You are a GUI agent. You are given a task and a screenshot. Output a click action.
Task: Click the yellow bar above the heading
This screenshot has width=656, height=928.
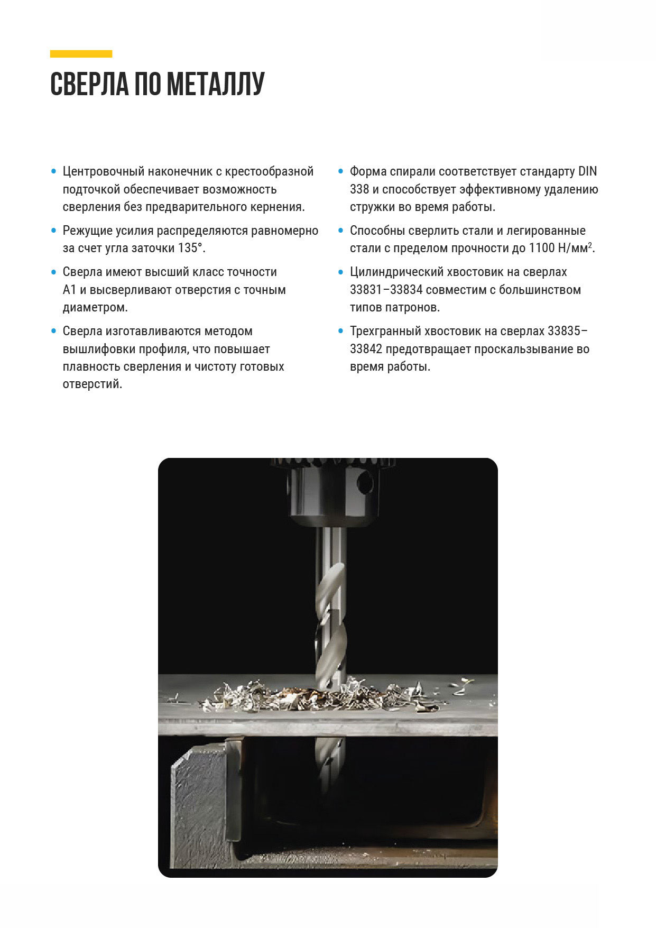[x=81, y=53]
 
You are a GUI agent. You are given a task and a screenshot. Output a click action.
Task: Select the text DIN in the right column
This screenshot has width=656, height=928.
[x=587, y=171]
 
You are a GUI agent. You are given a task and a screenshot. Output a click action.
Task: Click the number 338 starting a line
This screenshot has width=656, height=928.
[x=359, y=189]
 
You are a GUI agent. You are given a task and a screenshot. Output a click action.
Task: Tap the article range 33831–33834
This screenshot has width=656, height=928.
[x=386, y=290]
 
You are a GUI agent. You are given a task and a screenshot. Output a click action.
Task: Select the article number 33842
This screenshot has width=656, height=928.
[x=366, y=349]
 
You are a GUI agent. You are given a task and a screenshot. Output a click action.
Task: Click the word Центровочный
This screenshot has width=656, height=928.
[x=104, y=171]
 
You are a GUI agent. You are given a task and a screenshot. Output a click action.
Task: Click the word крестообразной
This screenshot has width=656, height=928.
[x=269, y=171]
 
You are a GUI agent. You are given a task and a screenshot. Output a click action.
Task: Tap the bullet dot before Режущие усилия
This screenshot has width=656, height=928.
[x=53, y=231]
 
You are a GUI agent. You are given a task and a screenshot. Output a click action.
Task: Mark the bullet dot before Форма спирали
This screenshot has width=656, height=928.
[x=340, y=171]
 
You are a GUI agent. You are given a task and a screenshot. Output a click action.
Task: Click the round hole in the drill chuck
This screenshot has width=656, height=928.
[x=364, y=482]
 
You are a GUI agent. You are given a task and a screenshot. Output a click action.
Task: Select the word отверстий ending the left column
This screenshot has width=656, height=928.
[x=93, y=384]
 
